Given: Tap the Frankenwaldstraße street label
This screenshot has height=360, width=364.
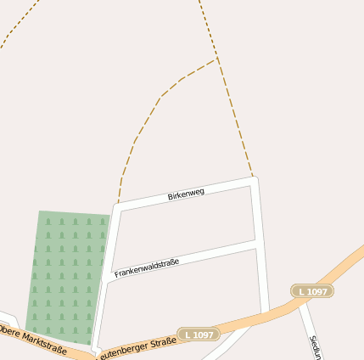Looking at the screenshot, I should [147, 269].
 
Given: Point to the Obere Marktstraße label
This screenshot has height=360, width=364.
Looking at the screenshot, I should [32, 339].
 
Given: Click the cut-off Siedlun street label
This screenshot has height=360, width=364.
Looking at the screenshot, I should [315, 346].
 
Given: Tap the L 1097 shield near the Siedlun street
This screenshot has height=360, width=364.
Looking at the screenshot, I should [312, 291].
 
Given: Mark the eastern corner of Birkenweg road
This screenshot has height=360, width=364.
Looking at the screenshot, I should [254, 180].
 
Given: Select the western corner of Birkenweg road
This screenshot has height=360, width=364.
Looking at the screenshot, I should [119, 207].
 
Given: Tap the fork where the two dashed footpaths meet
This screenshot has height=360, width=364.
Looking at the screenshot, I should [217, 59].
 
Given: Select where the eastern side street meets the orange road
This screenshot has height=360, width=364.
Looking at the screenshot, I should [264, 313].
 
